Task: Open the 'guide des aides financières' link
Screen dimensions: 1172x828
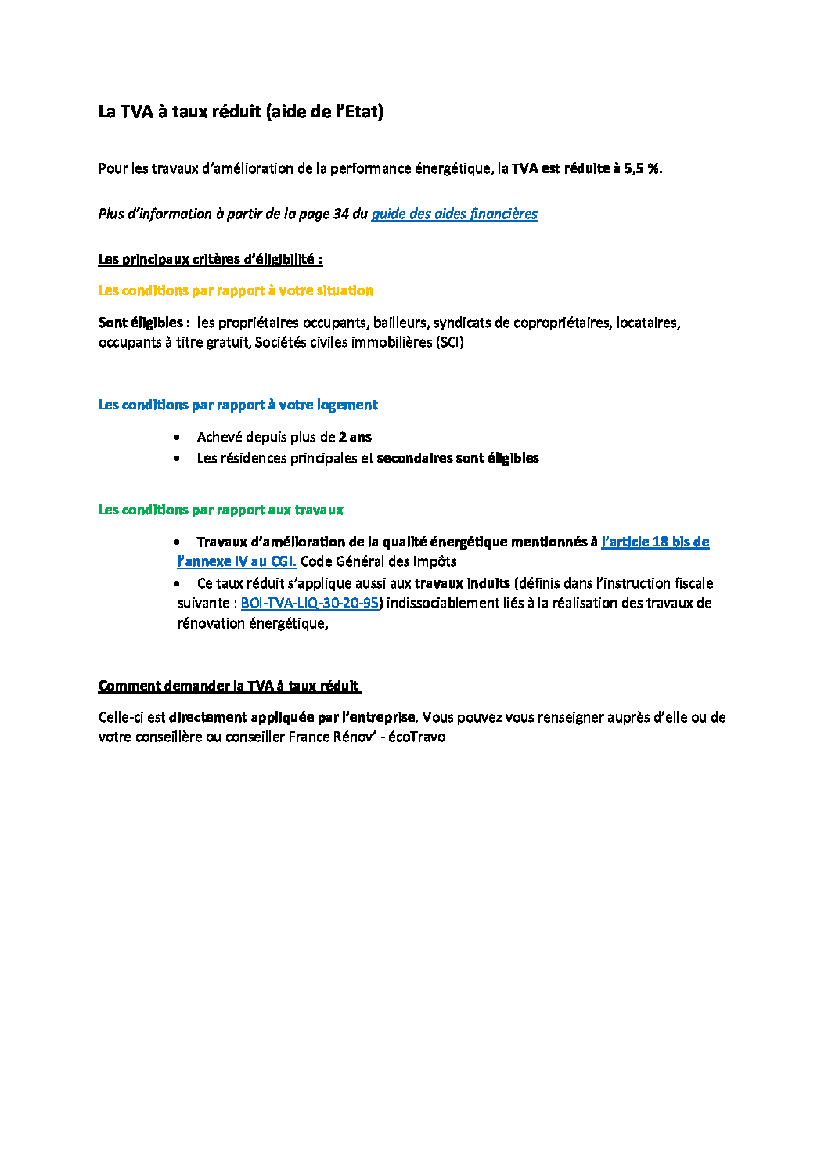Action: click(454, 214)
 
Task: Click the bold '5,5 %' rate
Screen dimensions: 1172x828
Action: click(642, 168)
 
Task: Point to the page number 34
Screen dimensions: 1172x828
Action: click(340, 214)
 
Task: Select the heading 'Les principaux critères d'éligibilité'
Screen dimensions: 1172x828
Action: click(210, 259)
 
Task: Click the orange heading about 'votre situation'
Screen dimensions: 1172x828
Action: click(236, 290)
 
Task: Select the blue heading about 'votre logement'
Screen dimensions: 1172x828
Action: click(238, 405)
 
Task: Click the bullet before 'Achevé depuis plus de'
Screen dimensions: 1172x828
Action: click(177, 437)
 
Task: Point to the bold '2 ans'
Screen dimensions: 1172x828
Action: click(355, 437)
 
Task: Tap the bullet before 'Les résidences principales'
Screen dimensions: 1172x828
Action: click(177, 458)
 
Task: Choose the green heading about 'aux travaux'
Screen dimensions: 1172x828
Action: click(221, 510)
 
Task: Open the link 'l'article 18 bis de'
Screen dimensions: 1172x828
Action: click(655, 542)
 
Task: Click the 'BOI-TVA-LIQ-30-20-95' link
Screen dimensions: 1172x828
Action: click(309, 603)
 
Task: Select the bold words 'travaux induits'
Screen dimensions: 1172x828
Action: click(462, 583)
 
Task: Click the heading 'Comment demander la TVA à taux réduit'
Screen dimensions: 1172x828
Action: click(229, 686)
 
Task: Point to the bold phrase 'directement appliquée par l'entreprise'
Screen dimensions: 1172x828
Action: click(292, 717)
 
